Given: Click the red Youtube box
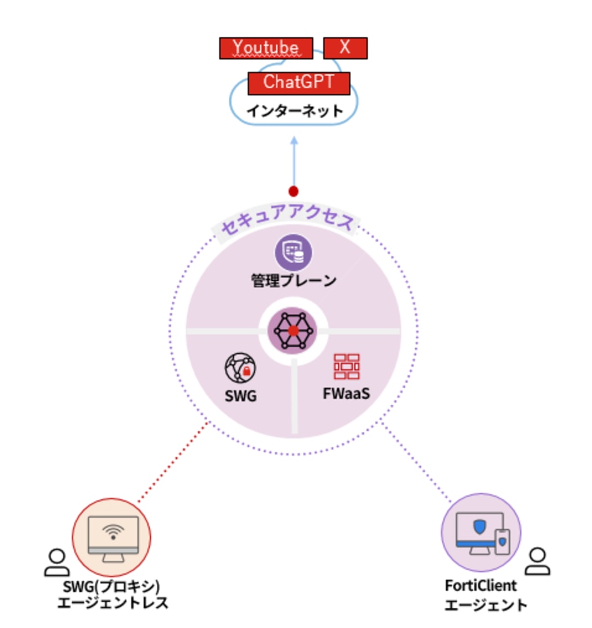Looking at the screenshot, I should pos(266,48).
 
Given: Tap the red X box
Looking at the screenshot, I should pos(345,48).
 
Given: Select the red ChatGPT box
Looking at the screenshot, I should pos(299,83).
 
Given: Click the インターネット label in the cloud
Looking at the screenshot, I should pos(294,112).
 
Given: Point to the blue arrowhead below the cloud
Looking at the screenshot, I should pos(294,140).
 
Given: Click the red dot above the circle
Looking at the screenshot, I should pos(294,191).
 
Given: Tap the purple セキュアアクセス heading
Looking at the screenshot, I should pos(288,224).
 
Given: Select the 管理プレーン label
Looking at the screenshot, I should pos(294,281).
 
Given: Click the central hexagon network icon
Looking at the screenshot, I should pos(293,331).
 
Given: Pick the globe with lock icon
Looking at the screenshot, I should pos(240,368).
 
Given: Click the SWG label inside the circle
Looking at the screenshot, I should pos(240,397).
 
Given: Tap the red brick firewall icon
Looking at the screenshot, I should pos(347,366).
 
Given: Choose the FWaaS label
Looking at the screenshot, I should pos(347,393).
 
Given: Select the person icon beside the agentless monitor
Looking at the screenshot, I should pos(56,562).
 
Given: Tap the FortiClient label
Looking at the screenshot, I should pos(481,586).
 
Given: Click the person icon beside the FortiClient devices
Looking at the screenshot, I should pos(538,561).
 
